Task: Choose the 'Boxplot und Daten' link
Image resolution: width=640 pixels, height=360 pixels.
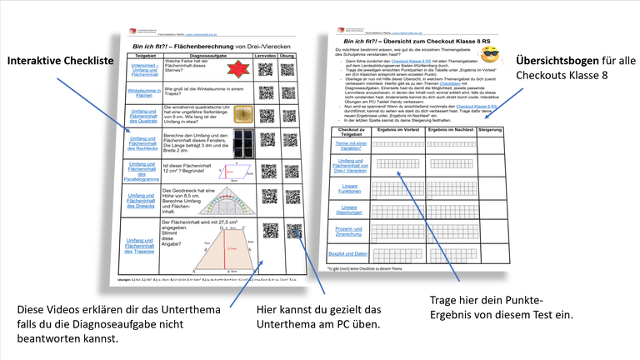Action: point(347,254)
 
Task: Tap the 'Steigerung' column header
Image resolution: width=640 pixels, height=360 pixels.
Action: point(489,131)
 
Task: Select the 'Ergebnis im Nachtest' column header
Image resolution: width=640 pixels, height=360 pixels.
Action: point(450,131)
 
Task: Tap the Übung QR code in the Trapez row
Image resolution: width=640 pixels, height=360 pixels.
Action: point(294,231)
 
